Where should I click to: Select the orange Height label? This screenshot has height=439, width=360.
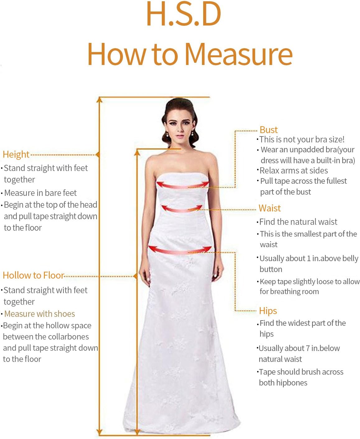(16, 154)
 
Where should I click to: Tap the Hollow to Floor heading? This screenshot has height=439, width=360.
(33, 275)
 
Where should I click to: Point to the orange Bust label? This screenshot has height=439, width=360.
(269, 130)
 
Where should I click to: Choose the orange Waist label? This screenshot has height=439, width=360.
(269, 208)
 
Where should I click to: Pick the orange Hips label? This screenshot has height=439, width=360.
(268, 311)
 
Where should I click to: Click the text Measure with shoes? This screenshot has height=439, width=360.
(40, 314)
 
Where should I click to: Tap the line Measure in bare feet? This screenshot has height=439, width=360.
(40, 193)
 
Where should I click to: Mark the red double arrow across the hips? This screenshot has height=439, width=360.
(180, 250)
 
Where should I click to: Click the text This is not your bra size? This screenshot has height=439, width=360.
(302, 139)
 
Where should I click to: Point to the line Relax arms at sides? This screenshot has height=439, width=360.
(294, 170)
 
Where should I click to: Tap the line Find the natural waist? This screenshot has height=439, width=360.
(298, 222)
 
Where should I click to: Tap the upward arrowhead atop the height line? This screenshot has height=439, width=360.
(99, 99)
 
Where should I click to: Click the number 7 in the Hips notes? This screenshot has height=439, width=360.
(307, 348)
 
